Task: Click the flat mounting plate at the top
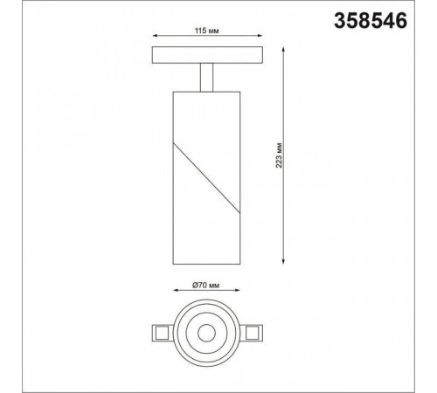[x=208, y=56]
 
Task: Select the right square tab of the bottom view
[x=253, y=332]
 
